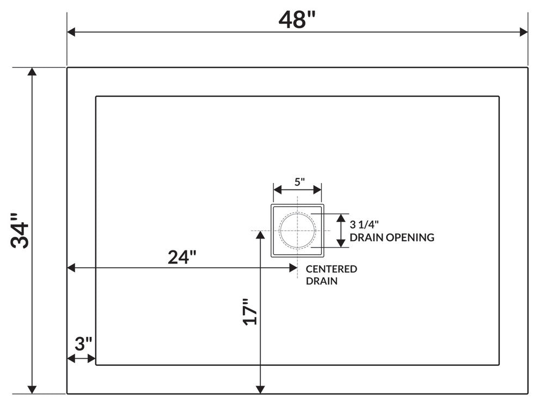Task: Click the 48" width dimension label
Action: [x=297, y=20]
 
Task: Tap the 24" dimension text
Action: [x=181, y=257]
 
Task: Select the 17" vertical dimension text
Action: [x=249, y=311]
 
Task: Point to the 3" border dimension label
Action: [x=83, y=344]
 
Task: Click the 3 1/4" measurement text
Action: [x=364, y=224]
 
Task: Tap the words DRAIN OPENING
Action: [x=392, y=237]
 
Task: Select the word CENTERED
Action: [x=332, y=269]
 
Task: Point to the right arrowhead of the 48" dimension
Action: [x=524, y=32]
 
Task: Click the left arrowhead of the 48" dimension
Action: [x=71, y=32]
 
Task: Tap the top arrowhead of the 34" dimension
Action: [x=33, y=72]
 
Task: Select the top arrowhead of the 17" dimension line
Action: [x=260, y=235]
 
